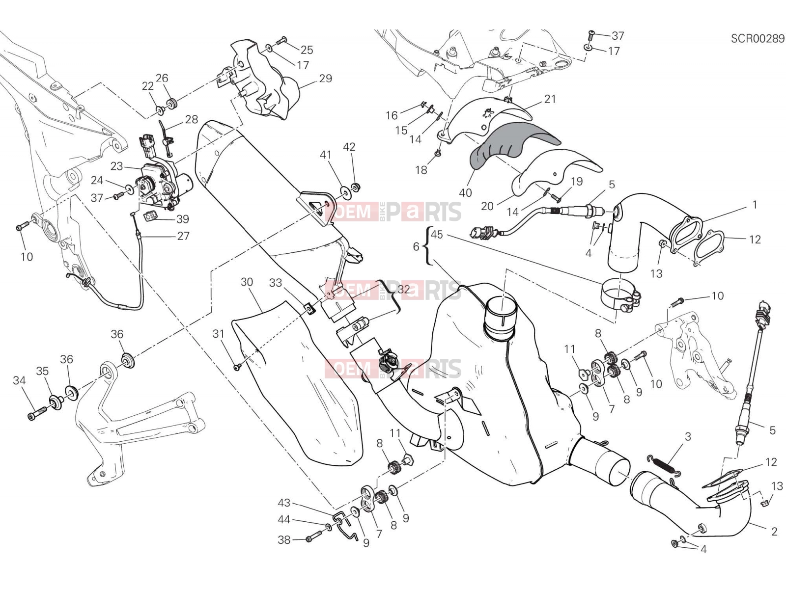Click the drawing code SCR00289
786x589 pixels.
[758, 38]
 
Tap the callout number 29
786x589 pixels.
[325, 78]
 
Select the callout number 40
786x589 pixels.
[465, 193]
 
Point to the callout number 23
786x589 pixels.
[117, 166]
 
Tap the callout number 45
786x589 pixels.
[437, 235]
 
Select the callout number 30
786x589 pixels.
[247, 282]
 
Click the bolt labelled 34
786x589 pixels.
[37, 413]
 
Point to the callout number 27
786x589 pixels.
[183, 236]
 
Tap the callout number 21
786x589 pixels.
[550, 99]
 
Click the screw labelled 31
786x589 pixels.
[237, 367]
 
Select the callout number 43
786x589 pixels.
[284, 503]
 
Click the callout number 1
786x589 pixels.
[755, 205]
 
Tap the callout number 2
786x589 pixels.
[774, 532]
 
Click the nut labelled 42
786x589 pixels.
[356, 187]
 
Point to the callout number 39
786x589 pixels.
[183, 219]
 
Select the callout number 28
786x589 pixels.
[192, 119]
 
